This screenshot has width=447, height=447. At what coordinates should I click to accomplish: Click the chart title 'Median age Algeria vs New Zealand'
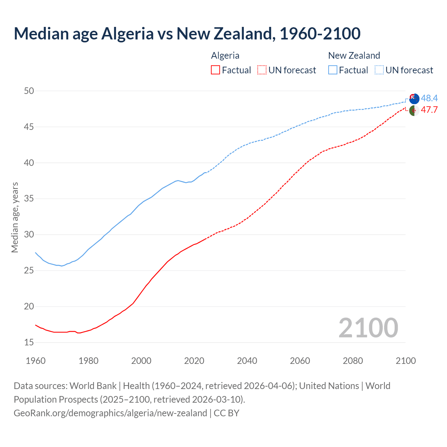pos(187,34)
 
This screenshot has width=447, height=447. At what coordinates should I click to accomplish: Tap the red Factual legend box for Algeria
pos(215,70)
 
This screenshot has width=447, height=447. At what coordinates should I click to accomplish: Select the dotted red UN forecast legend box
pos(262,70)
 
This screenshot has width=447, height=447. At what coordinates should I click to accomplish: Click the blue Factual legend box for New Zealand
pos(333,70)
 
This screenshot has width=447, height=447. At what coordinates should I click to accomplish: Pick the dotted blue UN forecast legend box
pos(379,70)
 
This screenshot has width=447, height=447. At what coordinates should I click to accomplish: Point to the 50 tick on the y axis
pos(29,91)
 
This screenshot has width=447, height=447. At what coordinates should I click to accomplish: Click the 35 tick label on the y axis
pos(29,199)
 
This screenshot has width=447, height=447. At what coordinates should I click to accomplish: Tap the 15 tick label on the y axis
pos(29,343)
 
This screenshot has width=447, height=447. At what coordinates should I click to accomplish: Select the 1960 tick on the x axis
pos(36,361)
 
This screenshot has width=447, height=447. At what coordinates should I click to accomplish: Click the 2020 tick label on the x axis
pos(194,361)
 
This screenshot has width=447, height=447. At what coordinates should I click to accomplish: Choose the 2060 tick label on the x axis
pos(300,361)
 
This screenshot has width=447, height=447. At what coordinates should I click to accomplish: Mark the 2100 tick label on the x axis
pos(406,361)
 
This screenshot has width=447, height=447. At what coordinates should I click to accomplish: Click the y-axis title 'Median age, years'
pos(15,217)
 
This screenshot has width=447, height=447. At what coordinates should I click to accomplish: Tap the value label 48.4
pos(429,98)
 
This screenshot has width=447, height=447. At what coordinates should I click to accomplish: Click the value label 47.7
pos(429,110)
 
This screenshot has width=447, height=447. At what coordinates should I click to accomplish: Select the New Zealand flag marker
pos(414,98)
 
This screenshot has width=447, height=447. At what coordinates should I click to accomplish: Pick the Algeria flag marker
pos(414,110)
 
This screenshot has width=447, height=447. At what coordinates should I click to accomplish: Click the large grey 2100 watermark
pos(368,328)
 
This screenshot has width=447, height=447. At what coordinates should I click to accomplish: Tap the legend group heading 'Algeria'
pos(225,56)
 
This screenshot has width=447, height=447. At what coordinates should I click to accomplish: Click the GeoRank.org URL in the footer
pos(110,413)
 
